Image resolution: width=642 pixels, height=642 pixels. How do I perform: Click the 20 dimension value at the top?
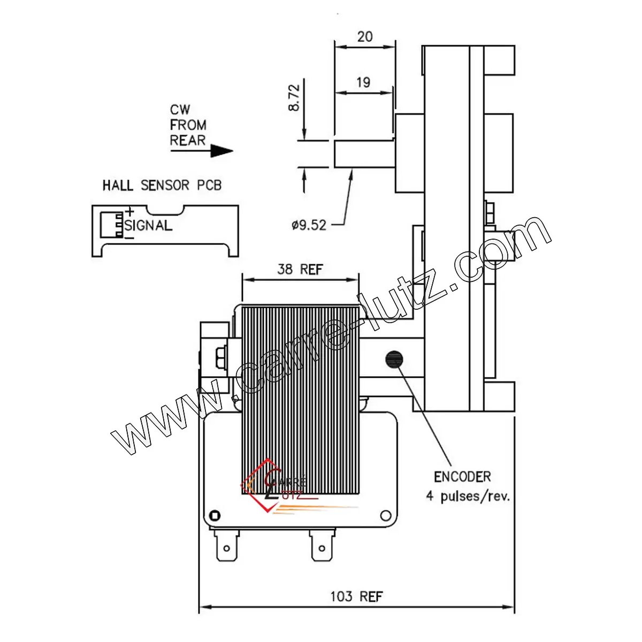(x=365, y=36)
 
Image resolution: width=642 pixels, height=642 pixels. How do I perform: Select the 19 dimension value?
(x=363, y=82)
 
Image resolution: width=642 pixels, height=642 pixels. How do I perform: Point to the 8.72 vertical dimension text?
(x=294, y=96)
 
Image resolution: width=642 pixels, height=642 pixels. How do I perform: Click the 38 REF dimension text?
(x=300, y=269)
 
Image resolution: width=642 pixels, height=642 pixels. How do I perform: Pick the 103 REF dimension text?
(x=356, y=596)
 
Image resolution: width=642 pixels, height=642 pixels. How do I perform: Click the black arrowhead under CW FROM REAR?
(x=221, y=151)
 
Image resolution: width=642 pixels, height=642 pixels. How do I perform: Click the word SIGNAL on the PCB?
(x=149, y=225)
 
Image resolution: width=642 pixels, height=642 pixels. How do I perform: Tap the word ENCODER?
(x=462, y=476)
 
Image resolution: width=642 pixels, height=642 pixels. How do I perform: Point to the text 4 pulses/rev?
(x=468, y=496)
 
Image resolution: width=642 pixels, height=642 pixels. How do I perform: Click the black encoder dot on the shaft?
(x=394, y=359)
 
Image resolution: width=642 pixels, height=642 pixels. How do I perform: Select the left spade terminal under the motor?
(x=226, y=546)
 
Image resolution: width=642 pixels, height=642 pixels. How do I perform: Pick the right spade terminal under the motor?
(x=320, y=546)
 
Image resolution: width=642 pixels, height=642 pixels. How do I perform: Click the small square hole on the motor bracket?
(x=215, y=516)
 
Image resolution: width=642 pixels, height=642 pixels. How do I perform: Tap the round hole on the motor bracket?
(x=385, y=516)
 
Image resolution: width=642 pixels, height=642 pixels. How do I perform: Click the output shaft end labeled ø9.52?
(x=364, y=154)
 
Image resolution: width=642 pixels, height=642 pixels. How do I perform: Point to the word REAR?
(x=188, y=140)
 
